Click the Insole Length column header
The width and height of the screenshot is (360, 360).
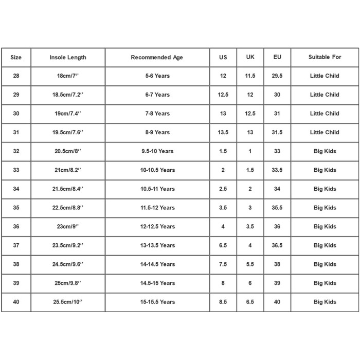pos(68,57)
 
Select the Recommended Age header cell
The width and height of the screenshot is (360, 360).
pos(157,57)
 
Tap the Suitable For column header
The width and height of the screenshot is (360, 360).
pos(325,57)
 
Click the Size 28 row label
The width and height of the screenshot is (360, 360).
pos(16,76)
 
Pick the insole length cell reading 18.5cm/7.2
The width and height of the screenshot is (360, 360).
pos(68,95)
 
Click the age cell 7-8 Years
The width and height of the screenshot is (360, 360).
pos(157,114)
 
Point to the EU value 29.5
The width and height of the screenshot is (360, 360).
pos(277,76)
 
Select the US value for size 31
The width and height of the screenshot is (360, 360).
pos(223,132)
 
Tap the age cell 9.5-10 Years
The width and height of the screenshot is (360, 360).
pos(157,151)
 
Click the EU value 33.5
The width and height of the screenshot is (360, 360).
pos(277,170)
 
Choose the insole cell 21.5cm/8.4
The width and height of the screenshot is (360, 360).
pos(68,189)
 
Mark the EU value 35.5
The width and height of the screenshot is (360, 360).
pos(277,208)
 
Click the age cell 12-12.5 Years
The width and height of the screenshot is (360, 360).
pos(157,227)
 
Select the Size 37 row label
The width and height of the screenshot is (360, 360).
pos(16,245)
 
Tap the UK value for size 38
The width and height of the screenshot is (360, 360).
pos(250,264)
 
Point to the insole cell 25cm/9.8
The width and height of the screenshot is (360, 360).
pos(68,283)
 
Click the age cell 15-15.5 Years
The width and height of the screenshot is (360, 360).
pos(157,302)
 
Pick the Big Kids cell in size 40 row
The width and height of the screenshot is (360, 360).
pos(325,302)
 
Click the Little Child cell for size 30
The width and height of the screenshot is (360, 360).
pos(325,114)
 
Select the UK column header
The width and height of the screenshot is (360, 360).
pos(250,57)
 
